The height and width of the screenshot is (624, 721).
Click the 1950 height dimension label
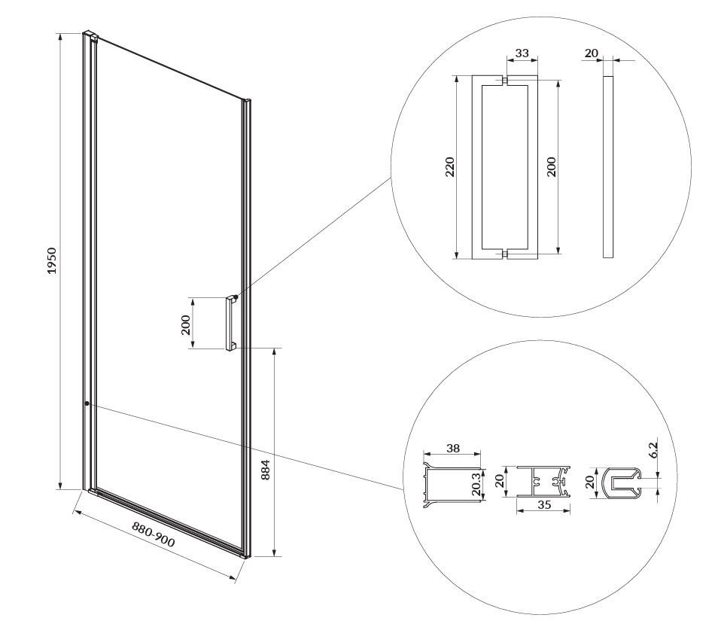pyautogui.click(x=52, y=260)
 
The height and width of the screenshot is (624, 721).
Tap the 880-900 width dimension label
pyautogui.click(x=154, y=534)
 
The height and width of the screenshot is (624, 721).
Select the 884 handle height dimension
pyautogui.click(x=266, y=470)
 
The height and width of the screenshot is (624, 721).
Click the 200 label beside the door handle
pyautogui.click(x=186, y=324)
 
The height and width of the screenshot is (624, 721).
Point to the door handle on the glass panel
pyautogui.click(x=230, y=323)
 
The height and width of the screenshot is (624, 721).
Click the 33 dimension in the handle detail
pyautogui.click(x=522, y=53)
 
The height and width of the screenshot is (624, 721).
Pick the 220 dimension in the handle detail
pyautogui.click(x=450, y=167)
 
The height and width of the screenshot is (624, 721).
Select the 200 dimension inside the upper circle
pyautogui.click(x=552, y=167)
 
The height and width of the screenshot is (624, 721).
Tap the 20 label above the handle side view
pyautogui.click(x=592, y=53)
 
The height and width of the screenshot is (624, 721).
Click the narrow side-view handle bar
pyautogui.click(x=608, y=166)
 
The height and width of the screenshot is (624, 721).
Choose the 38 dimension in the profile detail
pyautogui.click(x=453, y=448)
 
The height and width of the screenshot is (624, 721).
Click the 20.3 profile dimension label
pyautogui.click(x=476, y=484)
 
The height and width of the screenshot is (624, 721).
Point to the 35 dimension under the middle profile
pyautogui.click(x=544, y=504)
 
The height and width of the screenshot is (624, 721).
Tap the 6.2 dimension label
pyautogui.click(x=653, y=449)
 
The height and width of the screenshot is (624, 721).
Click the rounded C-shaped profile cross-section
pyautogui.click(x=622, y=482)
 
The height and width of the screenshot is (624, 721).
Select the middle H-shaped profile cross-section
pyautogui.click(x=543, y=482)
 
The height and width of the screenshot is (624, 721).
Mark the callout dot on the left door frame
pyautogui.click(x=87, y=403)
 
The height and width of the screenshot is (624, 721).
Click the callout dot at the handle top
pyautogui.click(x=236, y=297)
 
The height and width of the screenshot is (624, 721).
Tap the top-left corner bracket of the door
pyautogui.click(x=90, y=36)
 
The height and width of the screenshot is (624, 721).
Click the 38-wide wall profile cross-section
pyautogui.click(x=452, y=486)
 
